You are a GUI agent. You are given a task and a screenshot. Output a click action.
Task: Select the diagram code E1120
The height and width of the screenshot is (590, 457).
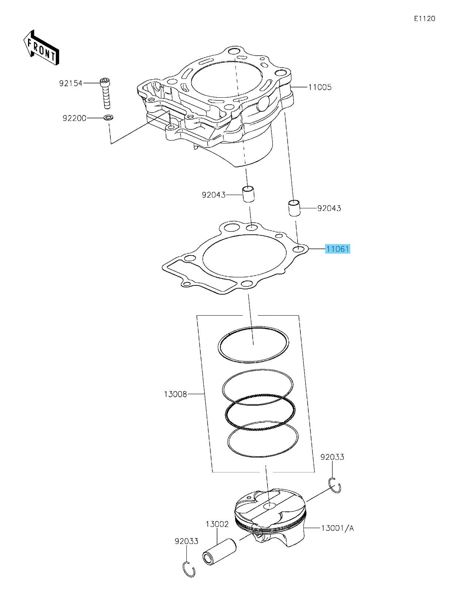coord(425,18)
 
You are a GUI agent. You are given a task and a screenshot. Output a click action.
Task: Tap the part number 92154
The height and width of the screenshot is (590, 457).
coord(71,83)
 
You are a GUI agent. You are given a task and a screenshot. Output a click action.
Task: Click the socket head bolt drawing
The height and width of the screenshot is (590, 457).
coord(106,94)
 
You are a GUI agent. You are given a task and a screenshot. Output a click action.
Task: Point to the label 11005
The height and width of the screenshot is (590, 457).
coord(320,87)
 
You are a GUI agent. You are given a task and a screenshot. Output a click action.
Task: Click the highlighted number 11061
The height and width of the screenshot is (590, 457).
coord(337,249)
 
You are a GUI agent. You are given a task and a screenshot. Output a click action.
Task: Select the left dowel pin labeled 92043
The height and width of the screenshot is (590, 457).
coord(249,194)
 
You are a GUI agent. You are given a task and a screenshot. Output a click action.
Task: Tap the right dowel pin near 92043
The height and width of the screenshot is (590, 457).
coord(294,208)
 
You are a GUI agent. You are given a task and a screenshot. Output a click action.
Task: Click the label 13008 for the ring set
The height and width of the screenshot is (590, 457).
coord(175,394)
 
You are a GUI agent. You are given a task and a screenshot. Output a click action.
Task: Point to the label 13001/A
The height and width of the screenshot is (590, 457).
coord(337,528)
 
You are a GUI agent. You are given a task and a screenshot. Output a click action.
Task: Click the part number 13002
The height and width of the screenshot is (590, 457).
coord(217,524)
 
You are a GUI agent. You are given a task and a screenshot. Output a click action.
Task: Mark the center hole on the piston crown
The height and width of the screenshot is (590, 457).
coord(269,506)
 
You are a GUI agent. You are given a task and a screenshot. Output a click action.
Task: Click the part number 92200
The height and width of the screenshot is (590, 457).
coord(74,118)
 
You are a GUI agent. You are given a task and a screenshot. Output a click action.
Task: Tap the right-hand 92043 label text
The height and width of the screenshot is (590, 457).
coord(329,208)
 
